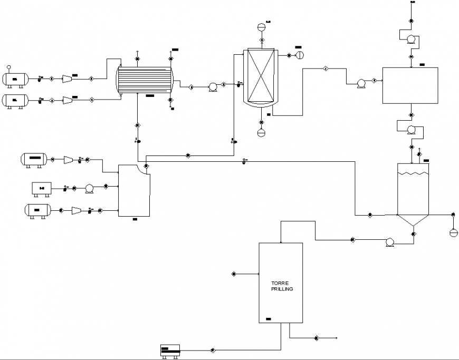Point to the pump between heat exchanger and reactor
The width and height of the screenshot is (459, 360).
(x=213, y=86)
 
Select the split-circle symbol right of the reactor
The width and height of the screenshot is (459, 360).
(x=300, y=55)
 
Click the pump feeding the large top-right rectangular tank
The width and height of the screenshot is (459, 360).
(x=361, y=83)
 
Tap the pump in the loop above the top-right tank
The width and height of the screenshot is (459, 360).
(x=412, y=38)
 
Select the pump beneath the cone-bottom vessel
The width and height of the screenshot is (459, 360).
(x=390, y=242)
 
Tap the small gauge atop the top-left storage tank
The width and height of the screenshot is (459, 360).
(x=8, y=67)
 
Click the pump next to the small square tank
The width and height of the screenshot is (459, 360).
(x=89, y=188)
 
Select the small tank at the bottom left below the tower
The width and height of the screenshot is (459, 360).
(x=169, y=349)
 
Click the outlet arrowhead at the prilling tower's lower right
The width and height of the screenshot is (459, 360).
(x=336, y=337)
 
